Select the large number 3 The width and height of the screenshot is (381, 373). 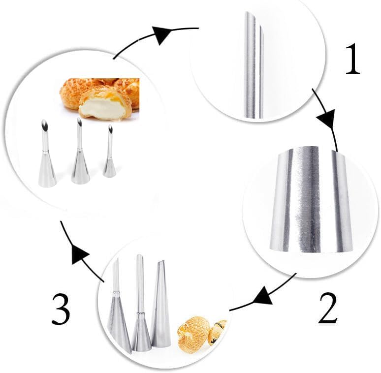click(61, 308)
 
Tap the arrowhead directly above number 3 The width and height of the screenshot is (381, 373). click(78, 255)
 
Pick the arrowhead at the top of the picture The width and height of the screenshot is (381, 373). click(164, 34)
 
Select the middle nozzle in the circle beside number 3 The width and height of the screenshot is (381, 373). click(141, 310)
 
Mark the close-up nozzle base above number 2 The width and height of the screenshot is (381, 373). click(311, 202)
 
